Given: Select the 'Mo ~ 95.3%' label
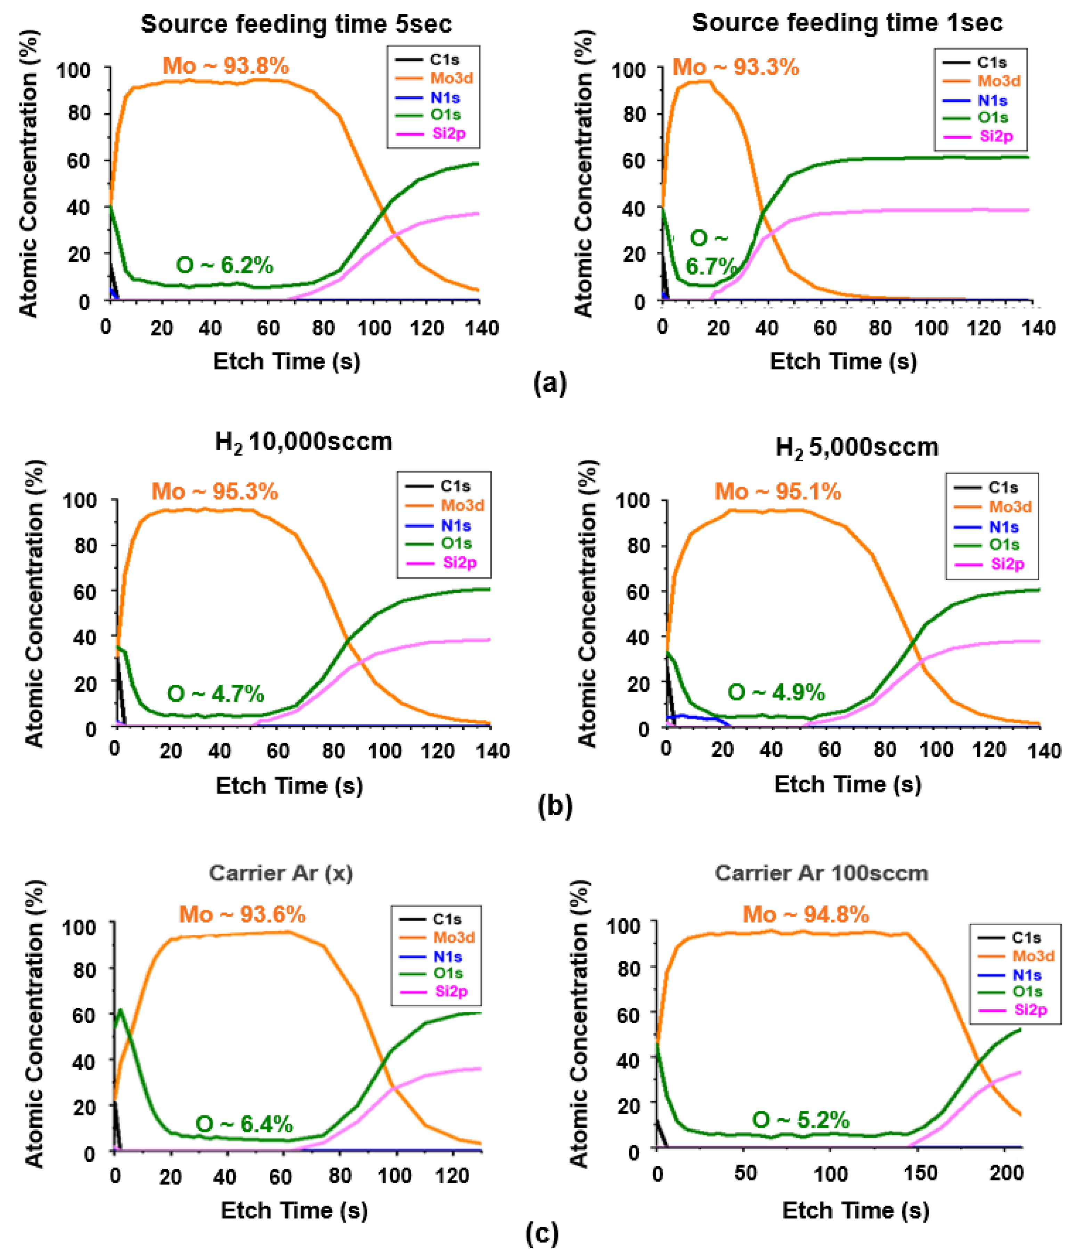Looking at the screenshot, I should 214,491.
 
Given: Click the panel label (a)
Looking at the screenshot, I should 549,383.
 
